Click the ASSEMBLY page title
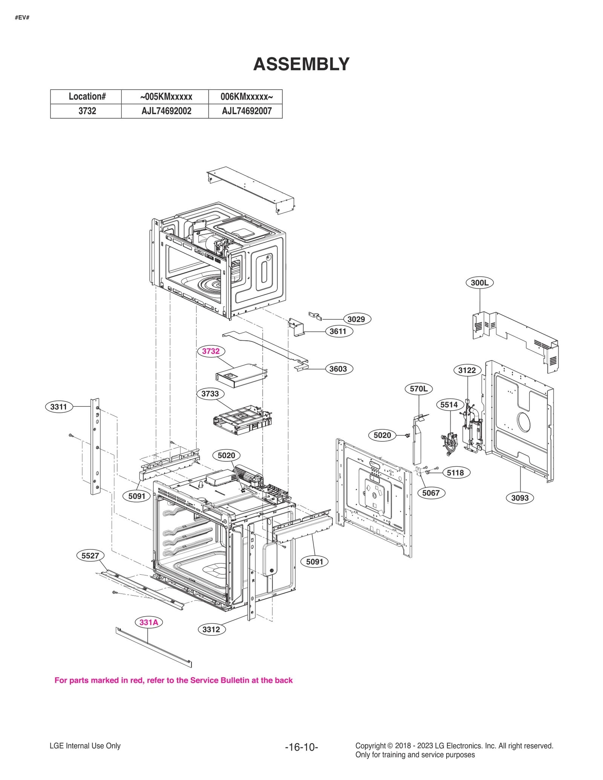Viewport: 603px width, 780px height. pyautogui.click(x=301, y=64)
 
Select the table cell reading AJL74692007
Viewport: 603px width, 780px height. pyautogui.click(x=246, y=111)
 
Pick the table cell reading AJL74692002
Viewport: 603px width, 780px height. pyautogui.click(x=166, y=111)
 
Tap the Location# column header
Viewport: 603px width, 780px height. pyautogui.click(x=87, y=96)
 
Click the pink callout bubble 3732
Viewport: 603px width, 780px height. pyautogui.click(x=211, y=351)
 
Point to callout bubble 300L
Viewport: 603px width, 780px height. pyautogui.click(x=479, y=282)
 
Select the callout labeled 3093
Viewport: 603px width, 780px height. pyautogui.click(x=520, y=498)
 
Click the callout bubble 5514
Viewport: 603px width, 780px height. pyautogui.click(x=449, y=405)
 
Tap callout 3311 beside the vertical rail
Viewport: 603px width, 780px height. pyautogui.click(x=58, y=407)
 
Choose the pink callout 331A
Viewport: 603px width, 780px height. pyautogui.click(x=148, y=622)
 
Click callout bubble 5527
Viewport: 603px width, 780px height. pyautogui.click(x=90, y=556)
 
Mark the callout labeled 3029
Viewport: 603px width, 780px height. pyautogui.click(x=356, y=319)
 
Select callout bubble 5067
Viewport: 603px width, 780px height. pyautogui.click(x=431, y=493)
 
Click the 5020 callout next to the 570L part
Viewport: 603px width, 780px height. pyautogui.click(x=382, y=435)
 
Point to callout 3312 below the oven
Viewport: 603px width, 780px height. pyautogui.click(x=211, y=629)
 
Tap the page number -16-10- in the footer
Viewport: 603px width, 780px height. pyautogui.click(x=301, y=747)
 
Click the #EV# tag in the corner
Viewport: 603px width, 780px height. pyautogui.click(x=22, y=18)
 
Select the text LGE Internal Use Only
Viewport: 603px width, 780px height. pyautogui.click(x=85, y=746)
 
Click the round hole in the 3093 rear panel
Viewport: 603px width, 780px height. pyautogui.click(x=523, y=422)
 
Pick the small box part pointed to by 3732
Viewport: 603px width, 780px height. pyautogui.click(x=241, y=375)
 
